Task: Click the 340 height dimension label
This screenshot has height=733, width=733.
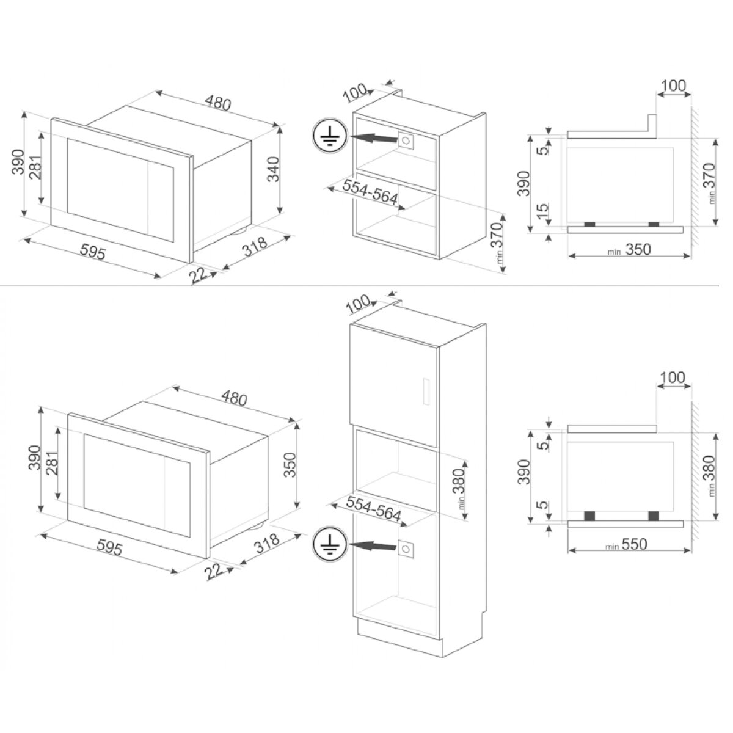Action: [273, 169]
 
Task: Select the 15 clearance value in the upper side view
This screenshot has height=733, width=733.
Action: [544, 211]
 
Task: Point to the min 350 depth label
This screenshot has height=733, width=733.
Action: [629, 250]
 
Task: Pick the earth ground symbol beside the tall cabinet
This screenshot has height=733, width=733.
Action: [329, 544]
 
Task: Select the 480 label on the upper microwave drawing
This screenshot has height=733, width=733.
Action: [217, 102]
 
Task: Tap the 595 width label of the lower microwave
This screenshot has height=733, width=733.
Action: [109, 548]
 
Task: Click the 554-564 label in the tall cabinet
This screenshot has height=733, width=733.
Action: [373, 509]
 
